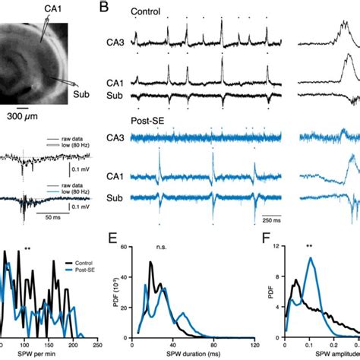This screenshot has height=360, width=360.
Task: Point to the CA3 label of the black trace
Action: pos(111,46)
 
